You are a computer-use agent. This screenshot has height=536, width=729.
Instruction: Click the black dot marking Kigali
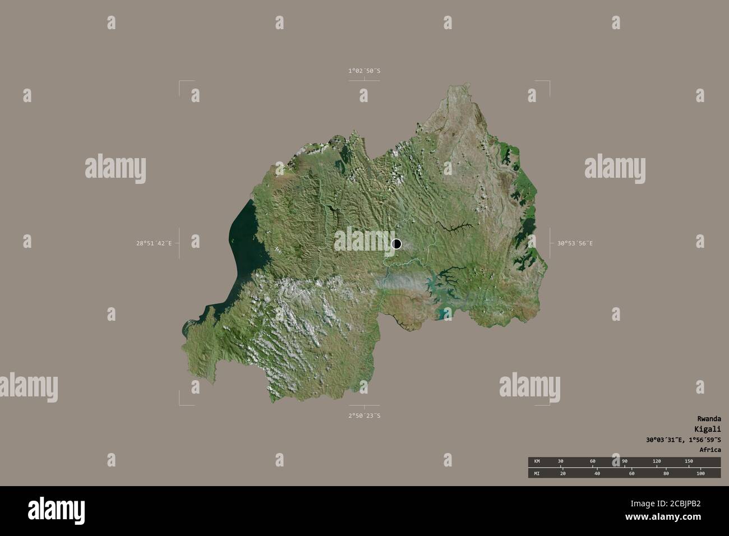pos(396,244)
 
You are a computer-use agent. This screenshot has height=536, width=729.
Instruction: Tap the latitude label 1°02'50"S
pos(364,71)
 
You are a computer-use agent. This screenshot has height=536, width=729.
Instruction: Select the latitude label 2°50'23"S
pos(364,416)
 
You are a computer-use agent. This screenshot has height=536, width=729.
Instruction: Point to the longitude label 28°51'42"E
pos(153,243)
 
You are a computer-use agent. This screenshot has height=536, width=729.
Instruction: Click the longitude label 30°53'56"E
pos(575,243)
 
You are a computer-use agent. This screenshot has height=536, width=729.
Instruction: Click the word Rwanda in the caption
pos(709,419)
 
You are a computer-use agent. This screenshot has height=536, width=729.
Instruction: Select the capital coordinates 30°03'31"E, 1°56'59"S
pos(682,440)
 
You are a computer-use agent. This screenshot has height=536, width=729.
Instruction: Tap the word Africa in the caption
pos(710,450)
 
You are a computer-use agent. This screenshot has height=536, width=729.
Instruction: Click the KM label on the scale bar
pos(537,461)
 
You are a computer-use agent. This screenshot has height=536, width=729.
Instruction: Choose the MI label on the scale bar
pos(537,474)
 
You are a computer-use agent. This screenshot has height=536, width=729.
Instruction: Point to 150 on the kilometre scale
pos(689,461)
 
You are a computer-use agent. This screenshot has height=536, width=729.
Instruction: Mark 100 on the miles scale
pos(700,474)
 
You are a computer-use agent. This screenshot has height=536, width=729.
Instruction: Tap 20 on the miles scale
pos(563,474)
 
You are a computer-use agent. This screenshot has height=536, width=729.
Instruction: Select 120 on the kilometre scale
pos(657,461)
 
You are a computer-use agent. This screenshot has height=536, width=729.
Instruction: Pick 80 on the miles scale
pos(666,474)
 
